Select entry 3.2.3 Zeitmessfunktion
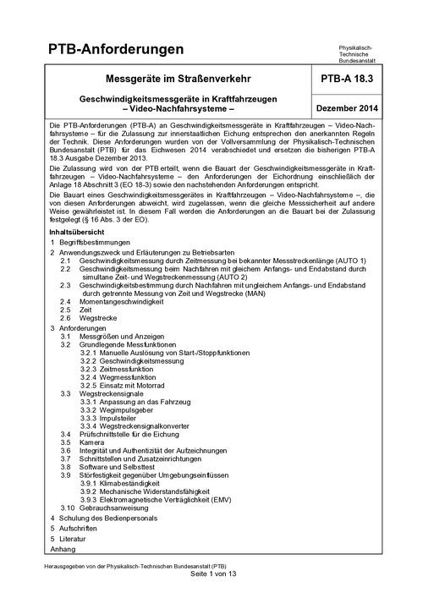click(127, 370)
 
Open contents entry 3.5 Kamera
click(83, 442)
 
